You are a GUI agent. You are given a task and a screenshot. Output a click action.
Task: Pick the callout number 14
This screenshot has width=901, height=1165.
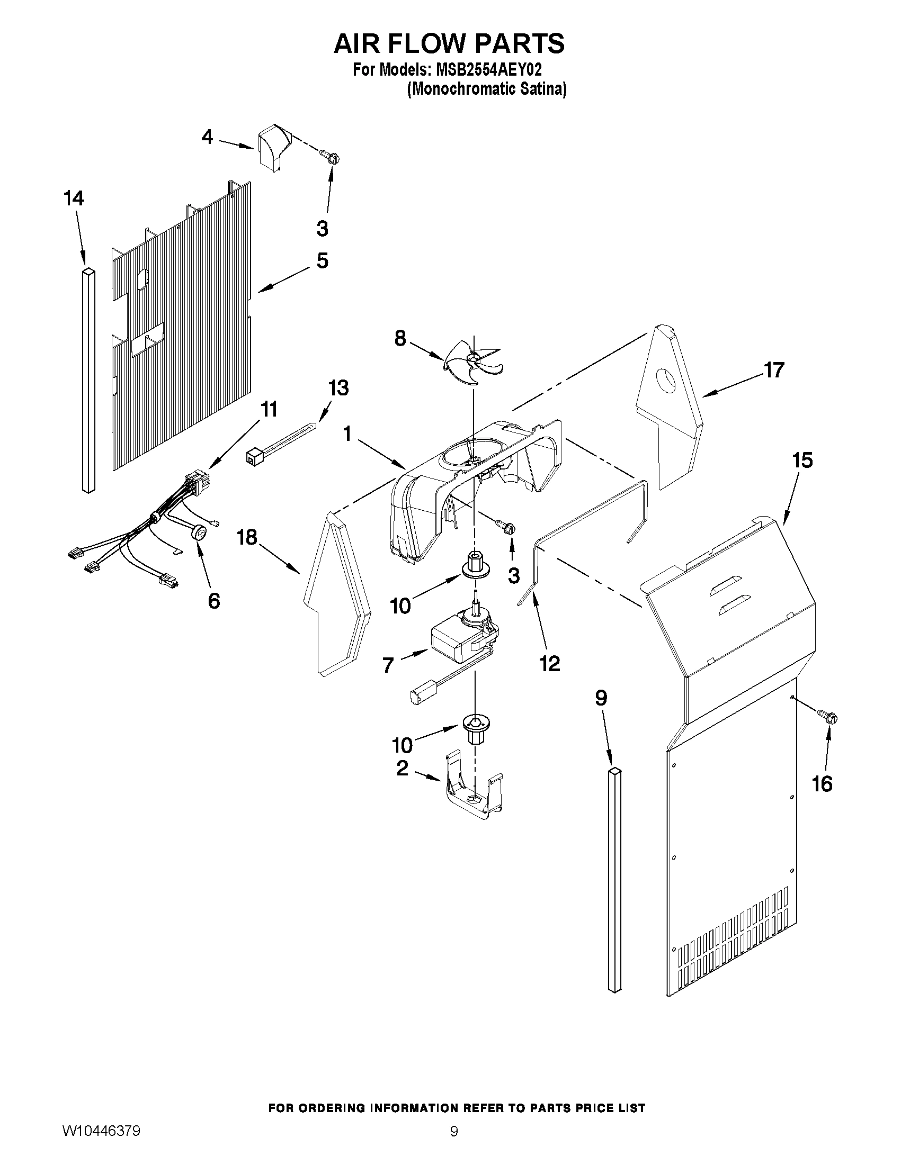click(74, 198)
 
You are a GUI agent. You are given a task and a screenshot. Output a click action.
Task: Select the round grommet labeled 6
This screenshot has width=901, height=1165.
click(200, 532)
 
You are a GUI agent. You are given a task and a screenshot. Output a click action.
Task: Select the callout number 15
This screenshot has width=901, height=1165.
click(802, 460)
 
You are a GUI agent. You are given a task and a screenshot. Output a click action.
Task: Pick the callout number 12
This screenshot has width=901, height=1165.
click(549, 663)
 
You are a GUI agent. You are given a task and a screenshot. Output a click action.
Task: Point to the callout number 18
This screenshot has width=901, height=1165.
click(247, 537)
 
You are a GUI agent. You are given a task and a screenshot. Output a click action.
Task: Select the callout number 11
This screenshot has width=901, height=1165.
click(269, 410)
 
